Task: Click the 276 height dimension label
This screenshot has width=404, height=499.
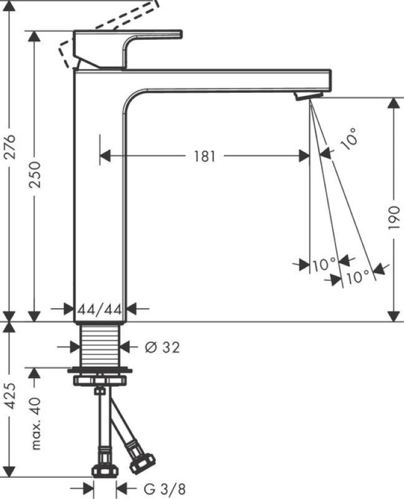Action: click(11, 147)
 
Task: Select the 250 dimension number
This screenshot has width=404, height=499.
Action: click(35, 175)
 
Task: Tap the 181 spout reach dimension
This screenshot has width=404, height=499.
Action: click(204, 157)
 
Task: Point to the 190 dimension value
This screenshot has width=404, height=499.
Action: click(394, 218)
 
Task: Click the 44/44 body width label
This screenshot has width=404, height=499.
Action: click(100, 309)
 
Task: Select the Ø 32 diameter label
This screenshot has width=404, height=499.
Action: click(162, 347)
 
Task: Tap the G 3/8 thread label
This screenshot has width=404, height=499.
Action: click(165, 489)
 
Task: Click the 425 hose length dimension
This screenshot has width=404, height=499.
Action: click(11, 395)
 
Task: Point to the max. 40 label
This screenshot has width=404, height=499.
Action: click(36, 424)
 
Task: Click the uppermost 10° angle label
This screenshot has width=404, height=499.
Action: click(349, 138)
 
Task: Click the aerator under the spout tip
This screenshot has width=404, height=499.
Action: click(309, 95)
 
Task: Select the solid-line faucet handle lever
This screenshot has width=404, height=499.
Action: click(128, 49)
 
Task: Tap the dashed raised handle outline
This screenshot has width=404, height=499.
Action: click(108, 34)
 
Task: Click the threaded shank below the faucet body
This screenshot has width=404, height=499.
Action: click(100, 346)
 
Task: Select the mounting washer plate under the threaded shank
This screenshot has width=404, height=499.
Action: click(100, 371)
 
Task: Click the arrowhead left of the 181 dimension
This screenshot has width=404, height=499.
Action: click(105, 156)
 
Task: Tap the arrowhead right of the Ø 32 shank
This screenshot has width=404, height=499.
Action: click(126, 347)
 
